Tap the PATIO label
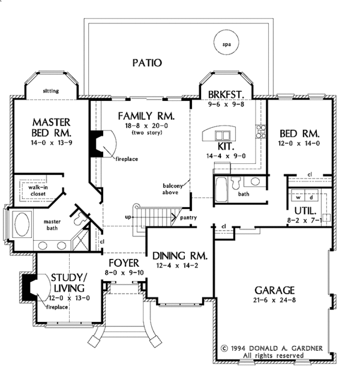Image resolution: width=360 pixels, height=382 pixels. (146, 62)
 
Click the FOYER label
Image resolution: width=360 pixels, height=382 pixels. (124, 263)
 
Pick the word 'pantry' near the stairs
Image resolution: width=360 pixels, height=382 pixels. (189, 219)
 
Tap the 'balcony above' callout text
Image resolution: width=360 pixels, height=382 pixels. (173, 190)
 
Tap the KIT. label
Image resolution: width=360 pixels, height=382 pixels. (227, 145)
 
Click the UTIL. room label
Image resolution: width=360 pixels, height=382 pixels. (305, 210)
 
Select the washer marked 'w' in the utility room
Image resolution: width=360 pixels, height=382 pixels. (298, 196)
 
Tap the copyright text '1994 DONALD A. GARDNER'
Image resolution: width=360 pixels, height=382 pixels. (281, 348)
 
